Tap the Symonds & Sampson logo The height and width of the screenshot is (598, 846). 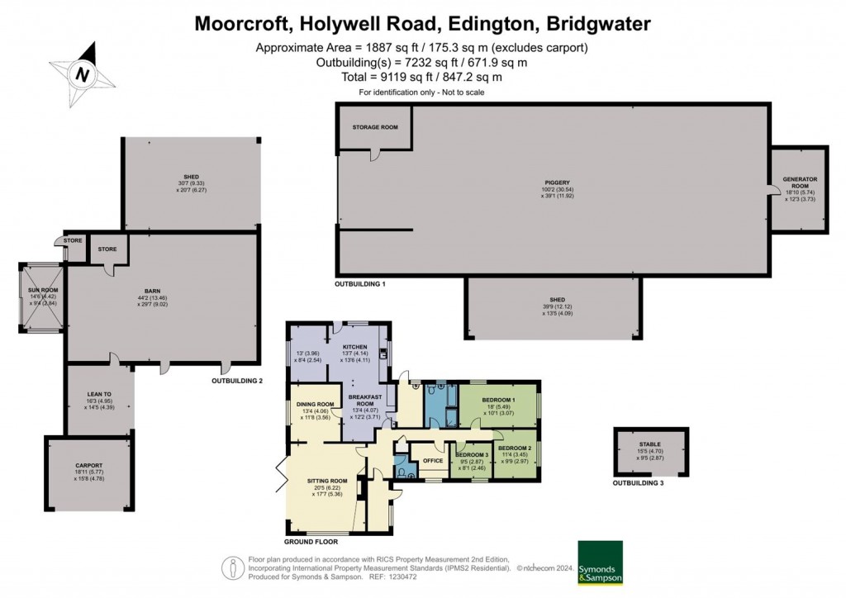(600, 562)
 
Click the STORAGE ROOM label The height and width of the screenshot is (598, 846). (375, 127)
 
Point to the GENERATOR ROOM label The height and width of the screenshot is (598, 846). (800, 179)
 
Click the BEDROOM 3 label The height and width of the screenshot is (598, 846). (472, 455)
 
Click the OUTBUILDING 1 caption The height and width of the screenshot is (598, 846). (360, 283)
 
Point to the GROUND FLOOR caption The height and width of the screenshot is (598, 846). (311, 543)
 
